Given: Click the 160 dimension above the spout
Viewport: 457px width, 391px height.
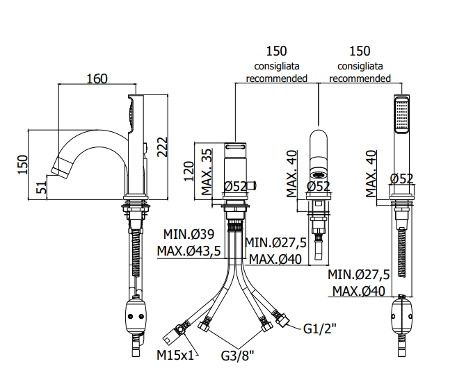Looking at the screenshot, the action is click(97, 79).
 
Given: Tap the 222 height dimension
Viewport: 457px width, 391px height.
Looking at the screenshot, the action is click(163, 147).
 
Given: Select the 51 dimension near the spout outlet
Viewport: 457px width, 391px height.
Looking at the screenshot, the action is click(41, 187).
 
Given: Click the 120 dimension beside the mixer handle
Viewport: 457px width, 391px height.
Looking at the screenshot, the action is click(189, 172).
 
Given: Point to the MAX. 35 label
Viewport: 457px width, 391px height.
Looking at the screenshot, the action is click(207, 172).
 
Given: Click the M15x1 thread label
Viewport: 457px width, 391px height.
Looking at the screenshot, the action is click(175, 355).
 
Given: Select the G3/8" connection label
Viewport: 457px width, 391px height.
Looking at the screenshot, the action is click(237, 356).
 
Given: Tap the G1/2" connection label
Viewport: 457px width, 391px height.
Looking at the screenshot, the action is click(320, 328).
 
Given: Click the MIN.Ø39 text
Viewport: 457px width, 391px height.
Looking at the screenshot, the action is click(189, 234).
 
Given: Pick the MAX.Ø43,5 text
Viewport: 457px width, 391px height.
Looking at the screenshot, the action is click(189, 251).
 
